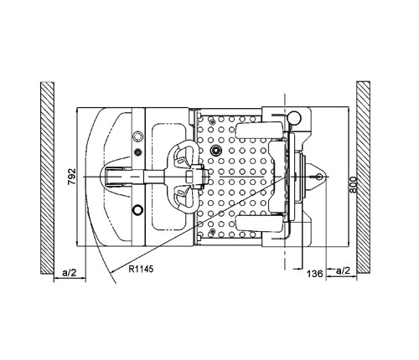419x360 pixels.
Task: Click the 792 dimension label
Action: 72,176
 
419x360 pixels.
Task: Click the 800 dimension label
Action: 354,185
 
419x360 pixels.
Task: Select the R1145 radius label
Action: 141,269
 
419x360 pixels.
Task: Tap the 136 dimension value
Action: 315,274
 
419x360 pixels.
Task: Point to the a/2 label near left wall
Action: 69,272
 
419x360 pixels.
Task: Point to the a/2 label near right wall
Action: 343,270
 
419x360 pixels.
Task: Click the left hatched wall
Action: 47,177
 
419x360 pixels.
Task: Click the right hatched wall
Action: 363,177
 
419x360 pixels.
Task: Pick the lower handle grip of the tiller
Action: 182,198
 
